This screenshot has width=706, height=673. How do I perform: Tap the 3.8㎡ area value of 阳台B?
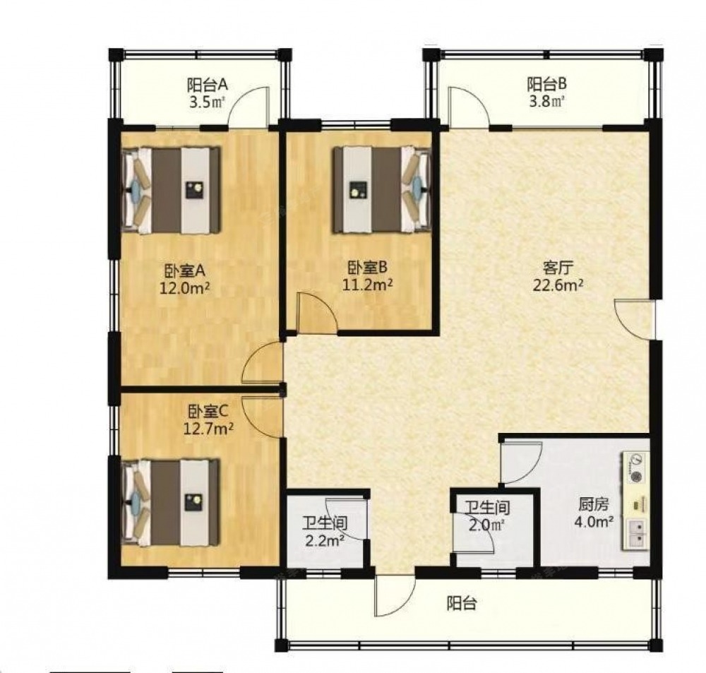pyautogui.click(x=546, y=102)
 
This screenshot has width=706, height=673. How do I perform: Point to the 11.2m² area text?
pyautogui.click(x=367, y=285)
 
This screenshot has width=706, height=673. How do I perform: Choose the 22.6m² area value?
pyautogui.click(x=558, y=285)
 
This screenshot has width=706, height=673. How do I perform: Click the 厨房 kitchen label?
pyautogui.click(x=594, y=505)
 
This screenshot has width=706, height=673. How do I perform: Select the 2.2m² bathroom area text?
pyautogui.click(x=325, y=540)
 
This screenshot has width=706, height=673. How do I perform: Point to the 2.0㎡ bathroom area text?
pyautogui.click(x=486, y=525)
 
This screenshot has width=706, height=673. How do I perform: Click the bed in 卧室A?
pyautogui.click(x=172, y=190)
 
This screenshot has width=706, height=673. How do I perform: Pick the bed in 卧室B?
pyautogui.click(x=382, y=190)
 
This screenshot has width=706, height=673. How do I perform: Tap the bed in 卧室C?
pyautogui.click(x=171, y=502)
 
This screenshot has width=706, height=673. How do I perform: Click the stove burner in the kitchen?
pyautogui.click(x=636, y=476)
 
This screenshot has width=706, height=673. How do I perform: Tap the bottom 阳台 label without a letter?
pyautogui.click(x=462, y=604)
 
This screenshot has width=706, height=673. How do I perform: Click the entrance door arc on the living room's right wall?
pyautogui.click(x=630, y=321)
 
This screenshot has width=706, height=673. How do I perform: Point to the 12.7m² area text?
pyautogui.click(x=208, y=428)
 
